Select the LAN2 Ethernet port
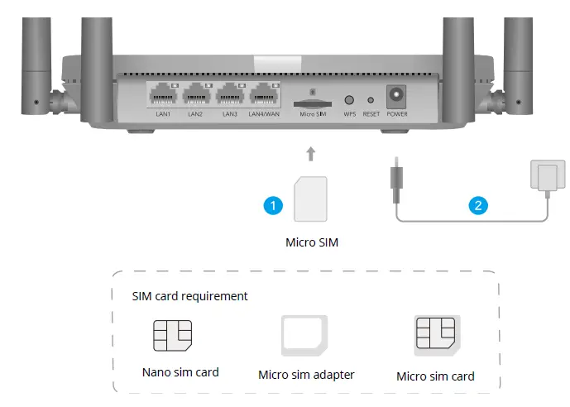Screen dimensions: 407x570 (195, 95)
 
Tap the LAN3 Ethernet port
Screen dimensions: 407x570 (229, 95)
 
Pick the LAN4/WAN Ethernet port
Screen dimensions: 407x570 (264, 95)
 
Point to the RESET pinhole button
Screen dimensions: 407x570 (371, 99)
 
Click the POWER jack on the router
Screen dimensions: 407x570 (397, 95)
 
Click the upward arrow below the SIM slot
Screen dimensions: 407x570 (310, 153)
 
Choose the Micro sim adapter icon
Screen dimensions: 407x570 (304, 336)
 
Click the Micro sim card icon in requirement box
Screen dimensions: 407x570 (436, 337)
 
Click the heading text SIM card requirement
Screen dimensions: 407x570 (189, 295)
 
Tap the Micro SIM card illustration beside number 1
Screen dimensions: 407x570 (310, 199)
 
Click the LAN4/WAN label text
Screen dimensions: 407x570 (264, 114)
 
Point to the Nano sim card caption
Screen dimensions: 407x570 (179, 372)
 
